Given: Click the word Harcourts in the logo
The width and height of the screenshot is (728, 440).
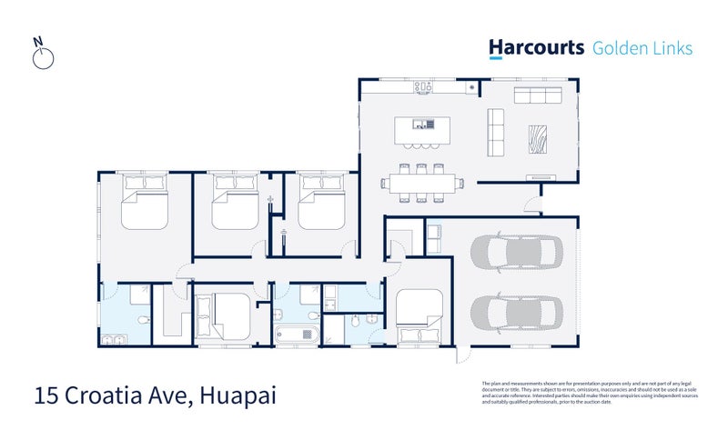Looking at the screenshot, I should click(535, 48).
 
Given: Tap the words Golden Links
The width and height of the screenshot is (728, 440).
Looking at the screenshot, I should click(642, 48).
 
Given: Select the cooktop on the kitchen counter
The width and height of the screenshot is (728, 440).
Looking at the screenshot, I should click(424, 87).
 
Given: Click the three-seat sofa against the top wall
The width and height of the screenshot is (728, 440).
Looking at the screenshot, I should click(538, 95).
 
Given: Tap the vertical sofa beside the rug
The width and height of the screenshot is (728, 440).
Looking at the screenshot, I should click(497, 133).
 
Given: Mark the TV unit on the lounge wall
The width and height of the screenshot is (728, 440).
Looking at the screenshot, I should click(539, 177).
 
